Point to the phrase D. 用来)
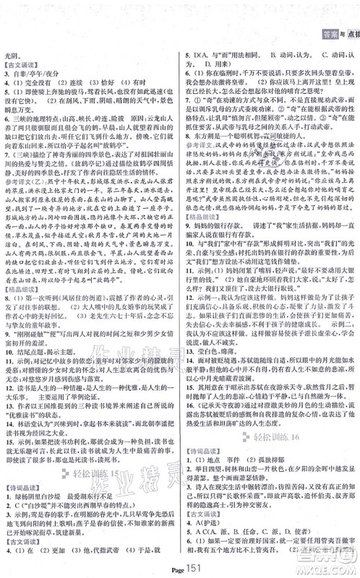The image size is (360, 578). (216, 64)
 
